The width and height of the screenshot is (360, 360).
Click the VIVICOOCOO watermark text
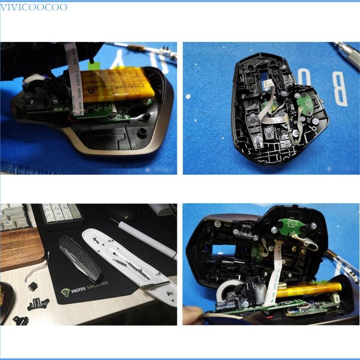coord(34,7)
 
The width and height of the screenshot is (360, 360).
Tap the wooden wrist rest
coord(20,248)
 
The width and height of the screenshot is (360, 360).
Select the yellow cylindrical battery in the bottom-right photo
coord(306,290)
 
